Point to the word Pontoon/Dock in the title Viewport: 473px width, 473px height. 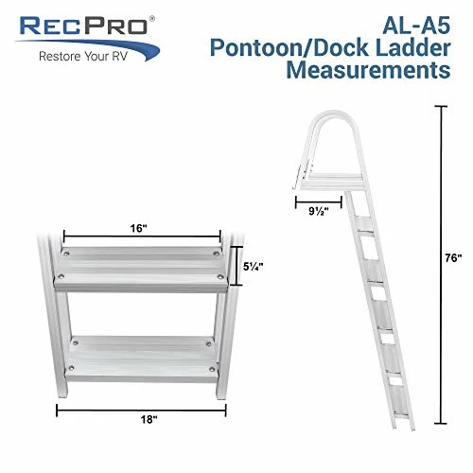tap(303, 47)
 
